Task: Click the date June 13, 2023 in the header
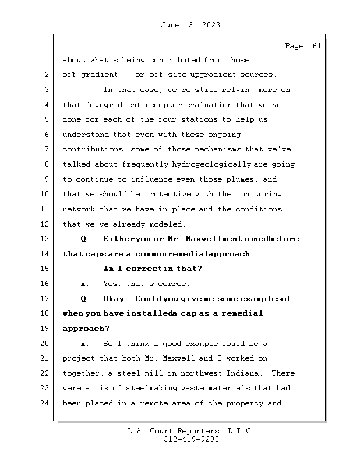[189, 25]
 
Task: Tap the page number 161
[314, 46]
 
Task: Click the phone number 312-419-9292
[191, 440]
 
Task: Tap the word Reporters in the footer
[190, 431]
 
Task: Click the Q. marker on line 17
[85, 299]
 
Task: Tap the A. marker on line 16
[85, 284]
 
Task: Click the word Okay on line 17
[114, 299]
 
